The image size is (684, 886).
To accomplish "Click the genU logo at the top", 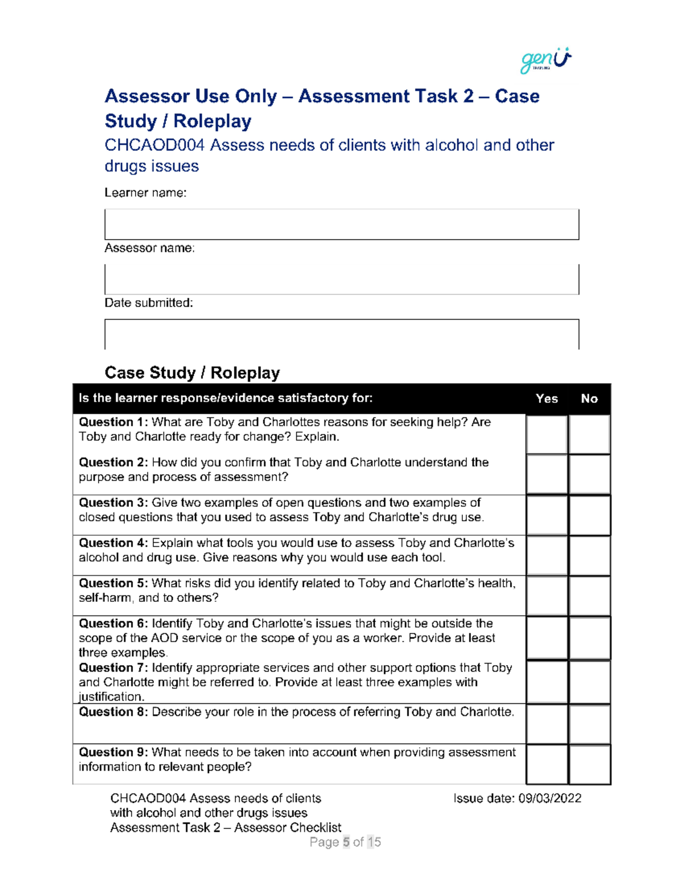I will coord(545,60).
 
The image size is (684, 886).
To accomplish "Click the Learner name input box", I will coord(341,224).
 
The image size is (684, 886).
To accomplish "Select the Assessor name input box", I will coord(341,279).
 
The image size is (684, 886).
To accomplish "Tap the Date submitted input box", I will coord(341,334).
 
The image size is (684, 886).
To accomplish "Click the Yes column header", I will coord(547,399).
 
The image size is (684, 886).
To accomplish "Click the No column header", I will coord(589,399).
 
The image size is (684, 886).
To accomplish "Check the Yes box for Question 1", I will coord(547,434).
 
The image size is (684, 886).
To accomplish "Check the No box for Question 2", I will coord(589,474).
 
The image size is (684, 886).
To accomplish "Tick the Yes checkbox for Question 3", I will coord(547,515).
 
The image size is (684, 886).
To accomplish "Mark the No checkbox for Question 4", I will coord(589,555).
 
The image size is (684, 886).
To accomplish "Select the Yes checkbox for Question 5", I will coord(547,596).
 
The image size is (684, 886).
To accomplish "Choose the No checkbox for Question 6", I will coord(589,637).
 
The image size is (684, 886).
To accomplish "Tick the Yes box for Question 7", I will coord(547,682).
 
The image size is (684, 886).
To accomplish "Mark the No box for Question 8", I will coord(589,724).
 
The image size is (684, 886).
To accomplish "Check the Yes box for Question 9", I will coord(547,764).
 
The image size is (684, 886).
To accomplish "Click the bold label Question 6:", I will coord(113,624).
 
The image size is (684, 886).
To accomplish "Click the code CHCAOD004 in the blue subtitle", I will coord(154,145).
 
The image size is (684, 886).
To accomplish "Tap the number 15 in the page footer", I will coord(374,842).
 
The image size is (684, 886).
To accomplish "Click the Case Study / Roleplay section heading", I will coord(192,373).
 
